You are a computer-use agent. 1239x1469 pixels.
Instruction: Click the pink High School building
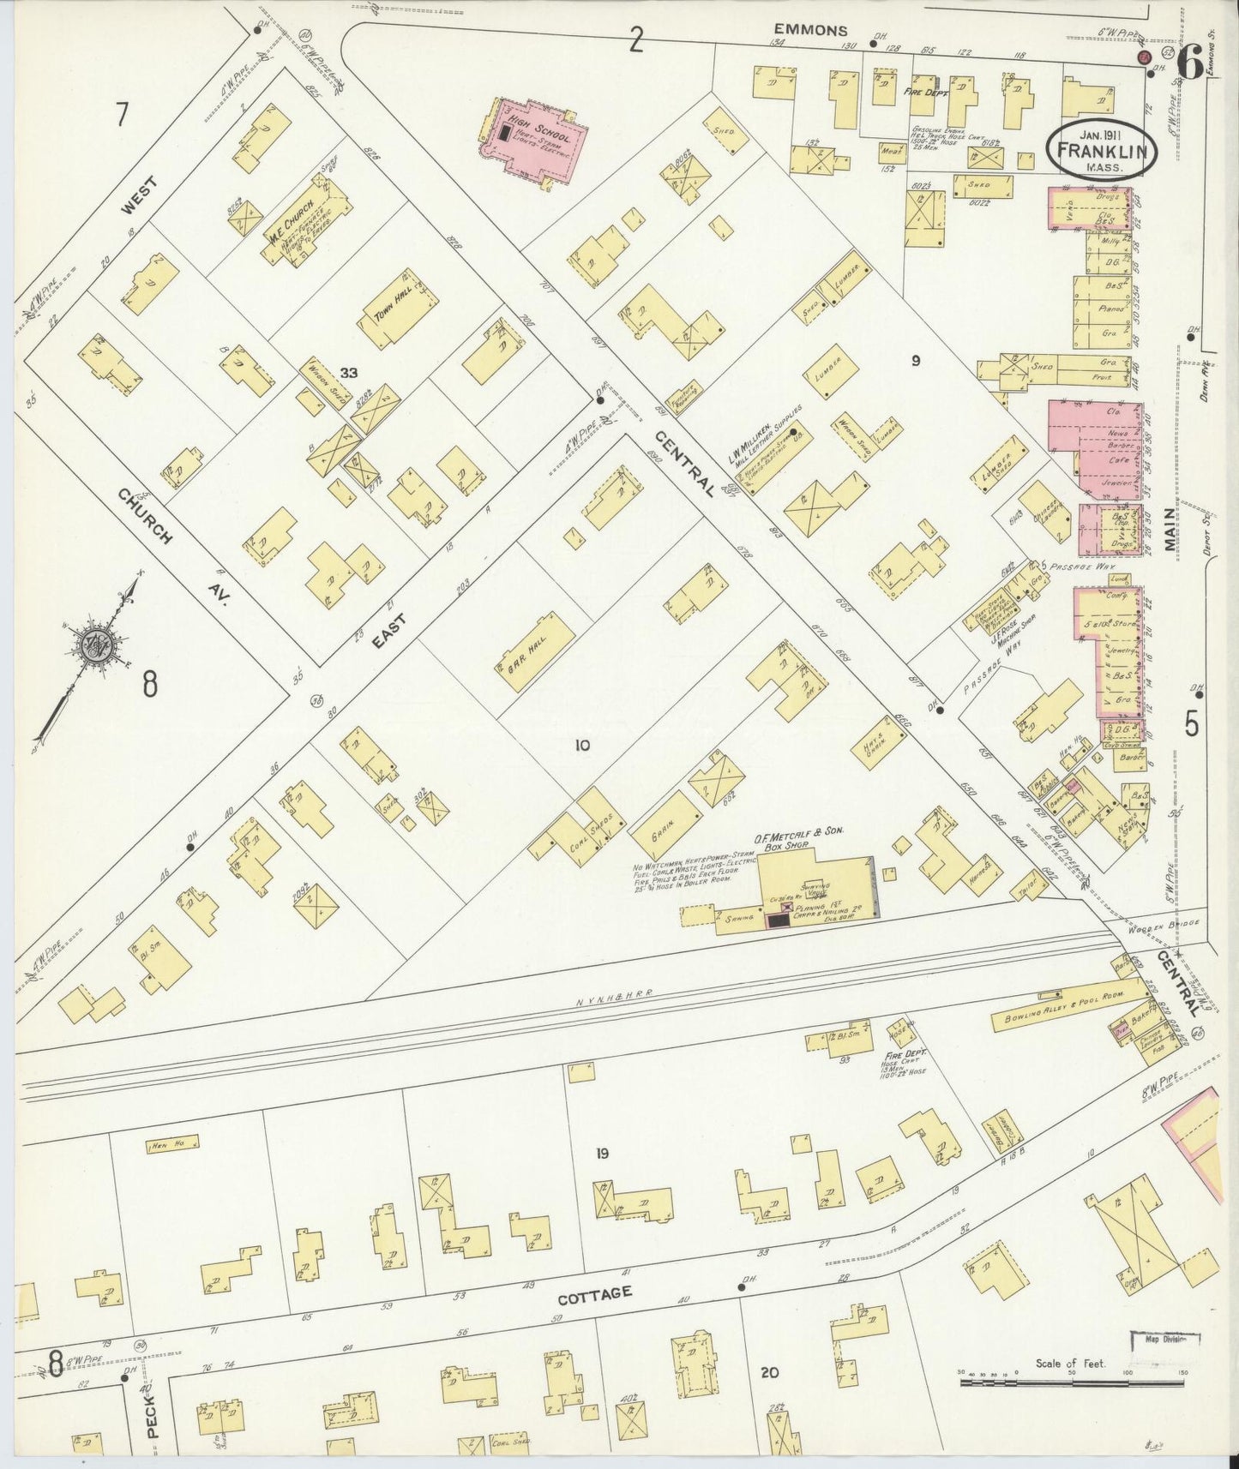(537, 141)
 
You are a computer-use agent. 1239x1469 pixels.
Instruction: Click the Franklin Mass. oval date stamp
(1101, 147)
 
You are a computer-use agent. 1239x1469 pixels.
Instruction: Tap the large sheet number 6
(1187, 62)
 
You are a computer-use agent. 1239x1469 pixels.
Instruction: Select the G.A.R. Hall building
(533, 654)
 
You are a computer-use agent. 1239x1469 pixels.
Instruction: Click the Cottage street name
(604, 1292)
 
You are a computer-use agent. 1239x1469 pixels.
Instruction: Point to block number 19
(602, 1154)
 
